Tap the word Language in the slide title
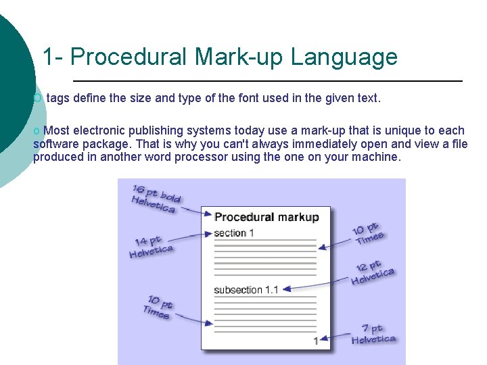[344, 57]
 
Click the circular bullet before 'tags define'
[37, 99]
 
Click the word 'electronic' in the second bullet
[101, 130]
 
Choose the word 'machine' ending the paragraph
[375, 157]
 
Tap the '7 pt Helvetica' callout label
[373, 334]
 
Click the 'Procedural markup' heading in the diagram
[266, 217]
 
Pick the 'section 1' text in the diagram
[234, 233]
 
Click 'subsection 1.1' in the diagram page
[246, 290]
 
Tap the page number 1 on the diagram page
[315, 341]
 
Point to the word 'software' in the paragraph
[53, 144]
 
